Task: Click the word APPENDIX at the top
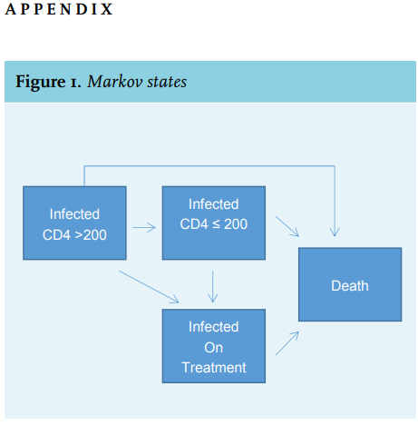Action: point(59,9)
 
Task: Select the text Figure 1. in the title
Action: point(48,82)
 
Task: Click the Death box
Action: point(350,284)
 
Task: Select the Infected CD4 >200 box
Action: point(74,223)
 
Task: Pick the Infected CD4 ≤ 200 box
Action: point(214,223)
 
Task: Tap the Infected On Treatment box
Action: point(214,346)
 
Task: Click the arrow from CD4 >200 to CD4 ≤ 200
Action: point(144,227)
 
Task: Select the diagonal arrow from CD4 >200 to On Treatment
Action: point(149,287)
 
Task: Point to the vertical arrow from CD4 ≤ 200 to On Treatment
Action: point(213,287)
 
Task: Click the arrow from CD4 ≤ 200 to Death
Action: point(287,226)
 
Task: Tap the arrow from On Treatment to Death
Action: point(287,343)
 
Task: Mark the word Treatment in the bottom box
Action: point(214,368)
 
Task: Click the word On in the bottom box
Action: point(214,348)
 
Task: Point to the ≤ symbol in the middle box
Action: point(216,224)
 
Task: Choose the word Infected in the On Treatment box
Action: point(214,327)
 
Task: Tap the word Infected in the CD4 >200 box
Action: point(74,214)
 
